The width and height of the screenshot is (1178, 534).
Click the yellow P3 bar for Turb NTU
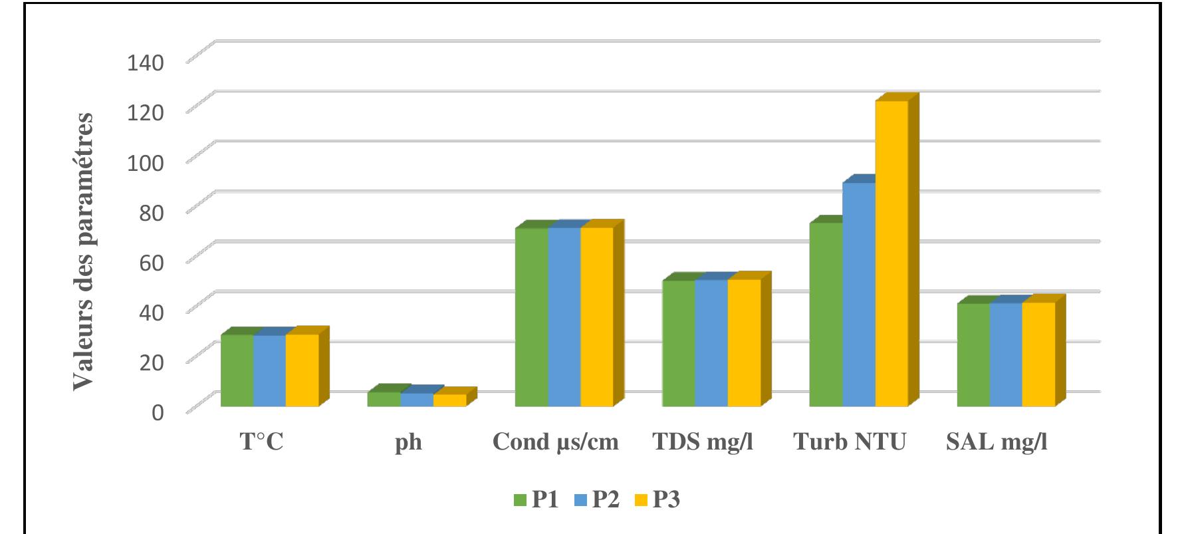coord(891,253)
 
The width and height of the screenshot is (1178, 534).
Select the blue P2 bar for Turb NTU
coord(859,295)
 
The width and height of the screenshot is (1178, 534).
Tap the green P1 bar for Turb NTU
coord(826,315)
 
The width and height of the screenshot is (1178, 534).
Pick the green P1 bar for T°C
coord(237,370)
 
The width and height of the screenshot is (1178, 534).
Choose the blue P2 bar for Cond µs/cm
coord(564,317)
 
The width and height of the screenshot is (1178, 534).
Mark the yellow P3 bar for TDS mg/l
coord(744,343)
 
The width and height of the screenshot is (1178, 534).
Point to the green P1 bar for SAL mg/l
coord(973,355)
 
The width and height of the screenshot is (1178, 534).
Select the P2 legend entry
coord(597,499)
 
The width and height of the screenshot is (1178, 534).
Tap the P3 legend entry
coord(657,499)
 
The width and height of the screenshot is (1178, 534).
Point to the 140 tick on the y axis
coord(145,63)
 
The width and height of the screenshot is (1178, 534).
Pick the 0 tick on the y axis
coord(158,412)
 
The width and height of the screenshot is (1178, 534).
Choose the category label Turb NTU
coord(850,442)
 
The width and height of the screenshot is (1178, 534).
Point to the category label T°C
coord(261,442)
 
